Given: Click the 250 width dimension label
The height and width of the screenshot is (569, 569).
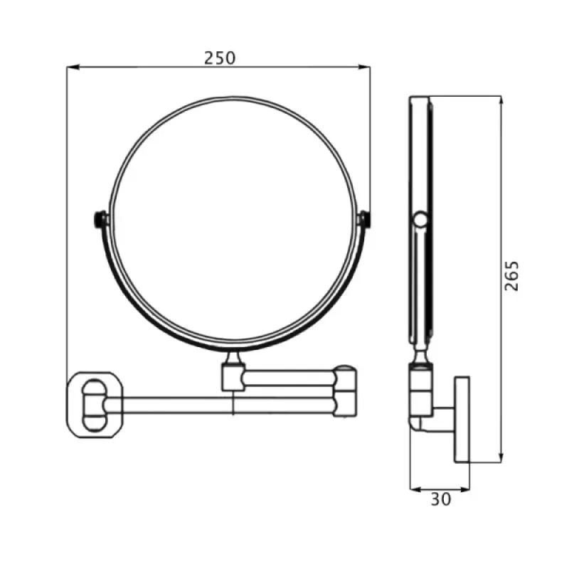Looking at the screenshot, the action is pos(220,58).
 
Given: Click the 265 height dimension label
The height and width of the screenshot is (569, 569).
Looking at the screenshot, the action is pos(512,276).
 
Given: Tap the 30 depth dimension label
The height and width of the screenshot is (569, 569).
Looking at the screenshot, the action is pos(441,499).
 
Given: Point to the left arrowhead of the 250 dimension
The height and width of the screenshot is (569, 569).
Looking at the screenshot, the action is pos(73,67).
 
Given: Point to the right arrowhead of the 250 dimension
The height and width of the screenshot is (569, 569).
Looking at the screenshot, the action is pos(364,67).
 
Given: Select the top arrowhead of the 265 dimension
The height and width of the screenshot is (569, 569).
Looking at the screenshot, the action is pos(501,102).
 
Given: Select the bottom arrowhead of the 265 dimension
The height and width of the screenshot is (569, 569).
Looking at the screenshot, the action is pos(501,457).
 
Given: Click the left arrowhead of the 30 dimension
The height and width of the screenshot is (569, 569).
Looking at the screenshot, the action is pos(416,489).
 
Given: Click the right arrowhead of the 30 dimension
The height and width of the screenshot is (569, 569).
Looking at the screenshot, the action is pos(464,489).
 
